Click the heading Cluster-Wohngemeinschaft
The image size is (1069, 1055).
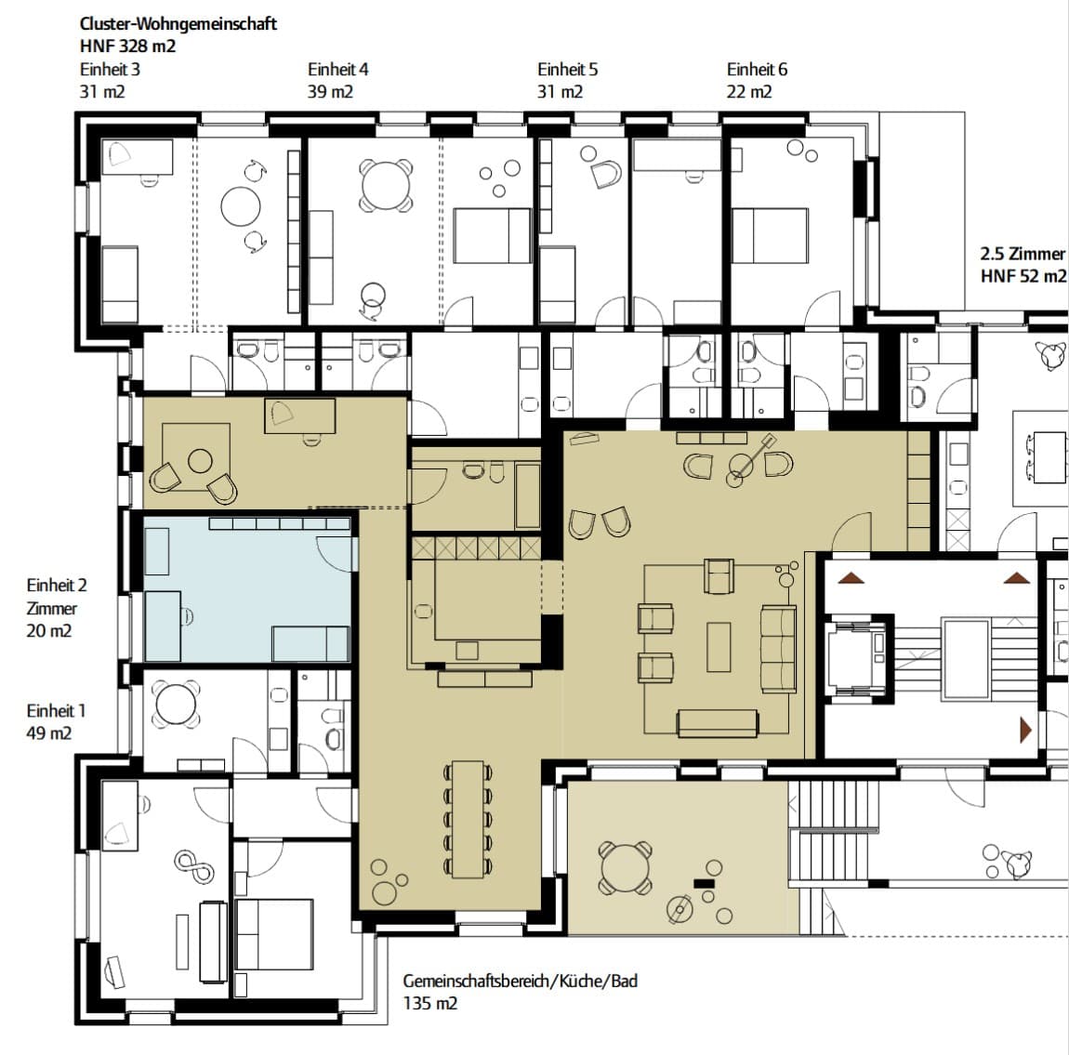(178, 24)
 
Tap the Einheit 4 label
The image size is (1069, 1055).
(338, 70)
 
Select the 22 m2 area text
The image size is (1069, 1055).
(749, 91)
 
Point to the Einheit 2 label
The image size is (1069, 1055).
(57, 586)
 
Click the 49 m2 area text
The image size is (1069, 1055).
(49, 733)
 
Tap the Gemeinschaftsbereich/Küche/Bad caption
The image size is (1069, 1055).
(521, 982)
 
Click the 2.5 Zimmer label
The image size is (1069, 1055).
(1023, 254)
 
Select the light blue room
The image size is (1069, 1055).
(248, 589)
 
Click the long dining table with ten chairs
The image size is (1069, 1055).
(468, 819)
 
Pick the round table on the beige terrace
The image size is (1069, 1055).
(626, 867)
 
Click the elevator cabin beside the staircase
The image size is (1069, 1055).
(855, 658)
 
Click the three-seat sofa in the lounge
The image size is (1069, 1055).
(778, 649)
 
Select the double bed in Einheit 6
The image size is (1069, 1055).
(770, 236)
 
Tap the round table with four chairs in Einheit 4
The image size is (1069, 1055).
(386, 185)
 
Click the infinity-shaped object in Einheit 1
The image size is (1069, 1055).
(195, 867)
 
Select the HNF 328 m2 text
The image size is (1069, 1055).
(127, 46)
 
